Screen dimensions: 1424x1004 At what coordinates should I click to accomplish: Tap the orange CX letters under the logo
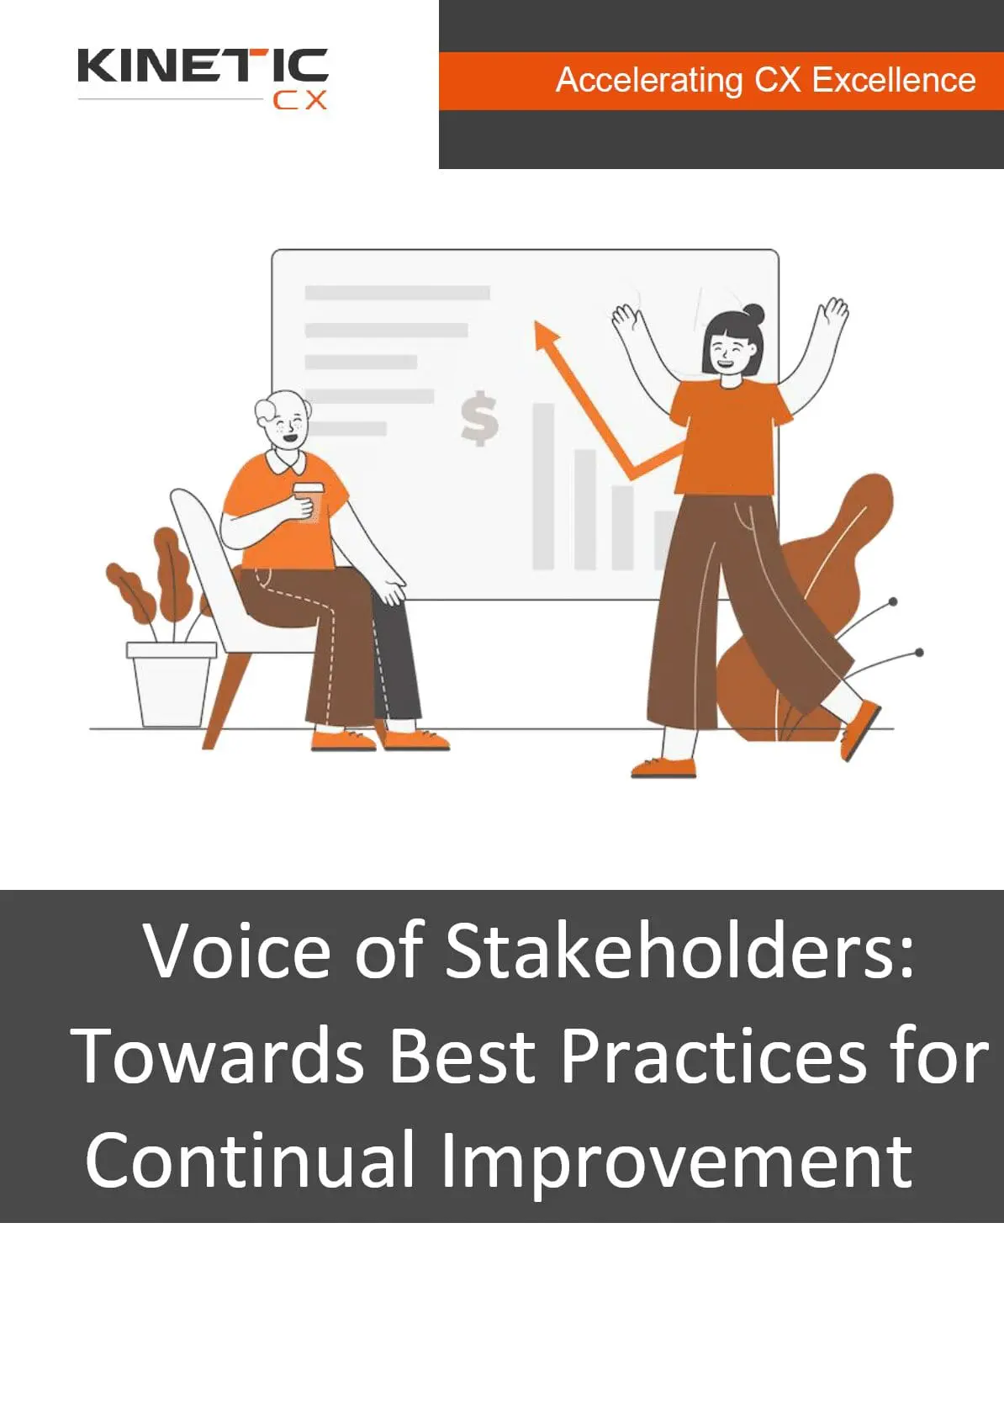pyautogui.click(x=299, y=100)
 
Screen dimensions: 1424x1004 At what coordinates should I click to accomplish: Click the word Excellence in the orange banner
pyautogui.click(x=894, y=80)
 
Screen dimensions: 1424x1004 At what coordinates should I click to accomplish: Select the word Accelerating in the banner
pyautogui.click(x=649, y=80)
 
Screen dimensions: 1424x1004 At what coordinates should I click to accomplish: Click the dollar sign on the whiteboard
pyautogui.click(x=479, y=418)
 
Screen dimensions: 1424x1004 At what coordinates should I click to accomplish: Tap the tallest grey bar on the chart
pyautogui.click(x=544, y=486)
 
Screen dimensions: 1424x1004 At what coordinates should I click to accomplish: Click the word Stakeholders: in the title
pyautogui.click(x=679, y=950)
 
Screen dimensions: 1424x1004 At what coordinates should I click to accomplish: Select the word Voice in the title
pyautogui.click(x=237, y=950)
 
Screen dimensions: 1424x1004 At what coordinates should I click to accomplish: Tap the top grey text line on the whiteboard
pyautogui.click(x=397, y=293)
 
